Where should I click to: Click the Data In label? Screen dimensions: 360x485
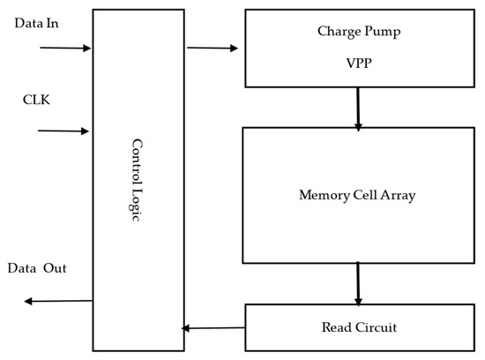(x=38, y=21)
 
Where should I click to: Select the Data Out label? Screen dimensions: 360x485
(x=38, y=267)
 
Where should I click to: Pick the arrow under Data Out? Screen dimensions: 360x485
(x=58, y=301)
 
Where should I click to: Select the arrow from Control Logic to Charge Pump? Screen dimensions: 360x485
(x=213, y=49)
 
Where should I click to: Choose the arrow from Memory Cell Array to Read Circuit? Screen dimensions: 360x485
(x=358, y=282)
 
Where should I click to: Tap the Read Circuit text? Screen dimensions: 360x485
(x=357, y=327)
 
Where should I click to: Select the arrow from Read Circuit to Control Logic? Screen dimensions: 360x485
(x=213, y=327)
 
